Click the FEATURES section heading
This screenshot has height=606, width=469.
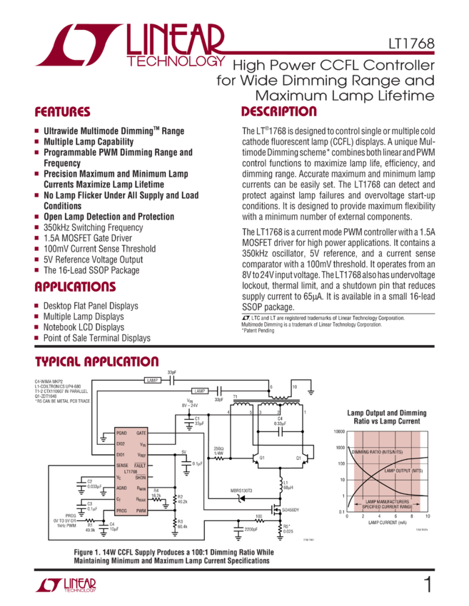pos(62,113)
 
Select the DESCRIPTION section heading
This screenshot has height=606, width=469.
pos(278,112)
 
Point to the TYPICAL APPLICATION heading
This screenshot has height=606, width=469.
pos(97,361)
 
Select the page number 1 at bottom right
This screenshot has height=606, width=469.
pos(427,585)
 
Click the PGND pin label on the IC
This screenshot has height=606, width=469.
pos(123,433)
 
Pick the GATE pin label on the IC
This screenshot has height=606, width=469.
pos(161,433)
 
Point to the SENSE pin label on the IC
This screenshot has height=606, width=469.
pos(123,465)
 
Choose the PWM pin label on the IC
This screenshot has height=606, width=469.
pos(161,510)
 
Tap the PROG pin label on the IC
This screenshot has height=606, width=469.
pos(123,510)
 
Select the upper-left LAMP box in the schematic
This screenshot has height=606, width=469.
pos(152,380)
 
